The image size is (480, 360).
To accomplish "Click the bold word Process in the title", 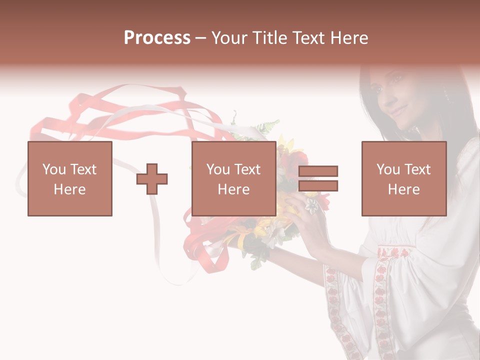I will [157, 38].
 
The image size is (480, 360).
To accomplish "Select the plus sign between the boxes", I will [152, 179].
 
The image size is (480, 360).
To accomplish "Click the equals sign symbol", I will [318, 178].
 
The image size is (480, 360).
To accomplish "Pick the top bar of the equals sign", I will [318, 171].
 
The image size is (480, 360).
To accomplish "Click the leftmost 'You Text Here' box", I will [69, 178].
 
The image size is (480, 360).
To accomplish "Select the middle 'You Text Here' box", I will [233, 178].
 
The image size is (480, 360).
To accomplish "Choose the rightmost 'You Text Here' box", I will [403, 178].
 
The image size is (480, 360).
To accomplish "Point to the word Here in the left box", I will [69, 189].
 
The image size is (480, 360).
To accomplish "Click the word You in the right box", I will [388, 169].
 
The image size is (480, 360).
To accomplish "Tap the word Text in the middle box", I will [248, 169].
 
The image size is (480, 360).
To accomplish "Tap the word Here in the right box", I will [403, 189].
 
